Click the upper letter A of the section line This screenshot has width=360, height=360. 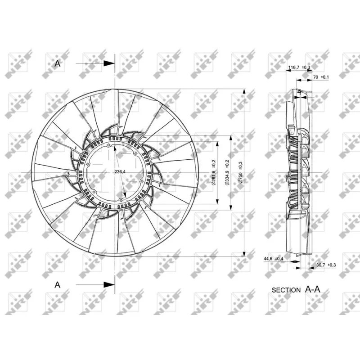pyautogui.click(x=57, y=64)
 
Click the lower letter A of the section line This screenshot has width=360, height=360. pyautogui.click(x=57, y=284)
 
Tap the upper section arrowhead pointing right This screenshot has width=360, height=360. pyautogui.click(x=109, y=64)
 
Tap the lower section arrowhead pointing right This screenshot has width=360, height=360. pyautogui.click(x=109, y=284)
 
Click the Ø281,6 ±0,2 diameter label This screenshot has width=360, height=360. pyautogui.click(x=214, y=172)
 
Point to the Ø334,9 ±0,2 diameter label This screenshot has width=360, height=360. pyautogui.click(x=227, y=172)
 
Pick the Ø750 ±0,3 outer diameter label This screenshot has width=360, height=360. pyautogui.click(x=240, y=172)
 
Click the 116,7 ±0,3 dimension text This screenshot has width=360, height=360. pyautogui.click(x=299, y=67)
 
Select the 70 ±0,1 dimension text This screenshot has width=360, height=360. pyautogui.click(x=320, y=77)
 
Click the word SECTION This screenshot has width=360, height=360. pyautogui.click(x=286, y=290)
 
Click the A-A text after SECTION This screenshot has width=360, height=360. pyautogui.click(x=312, y=289)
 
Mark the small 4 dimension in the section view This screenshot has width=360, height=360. pyautogui.click(x=299, y=91)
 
